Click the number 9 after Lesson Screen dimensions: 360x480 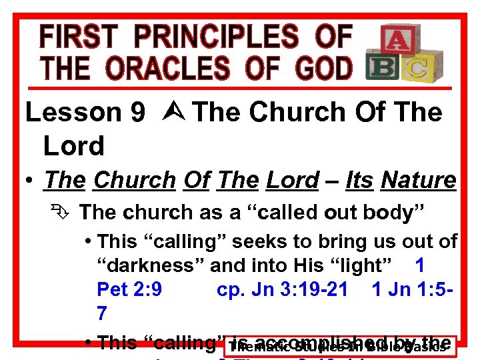pos(138,113)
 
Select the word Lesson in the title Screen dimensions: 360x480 pos(74,113)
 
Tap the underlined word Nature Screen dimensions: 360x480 pos(418,180)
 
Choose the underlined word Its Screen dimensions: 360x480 pos(361,180)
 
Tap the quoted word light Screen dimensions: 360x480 pos(360,266)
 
